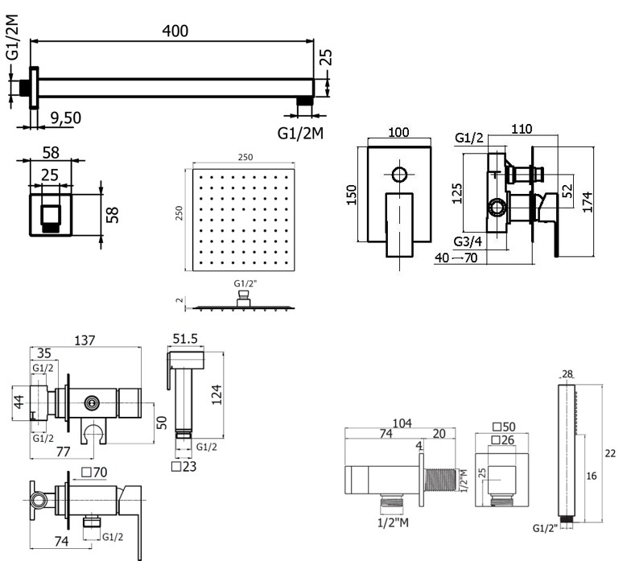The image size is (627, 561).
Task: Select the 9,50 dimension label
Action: [x=64, y=118]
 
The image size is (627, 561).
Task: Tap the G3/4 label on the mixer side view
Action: [x=469, y=241]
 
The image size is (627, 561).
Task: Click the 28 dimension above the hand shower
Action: [x=568, y=373]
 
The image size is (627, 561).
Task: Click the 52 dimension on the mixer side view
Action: [x=567, y=190]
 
